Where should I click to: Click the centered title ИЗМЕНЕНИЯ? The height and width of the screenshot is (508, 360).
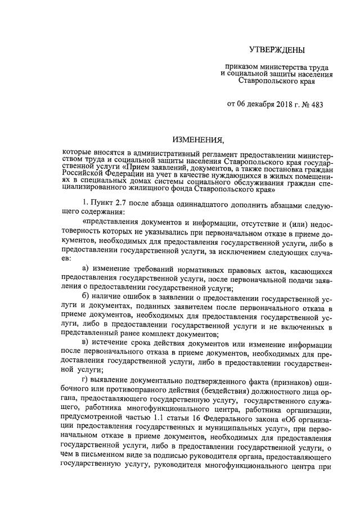(199, 140)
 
